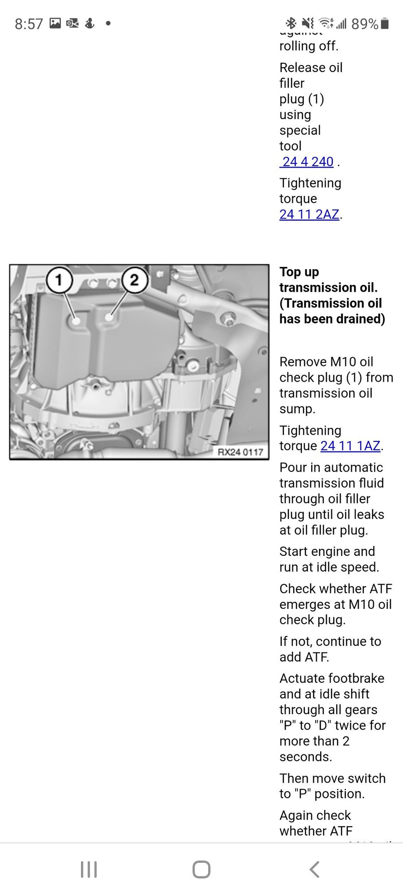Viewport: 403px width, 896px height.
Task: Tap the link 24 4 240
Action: point(307,162)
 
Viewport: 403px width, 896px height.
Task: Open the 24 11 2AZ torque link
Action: point(309,214)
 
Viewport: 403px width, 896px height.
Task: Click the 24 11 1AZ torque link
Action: point(351,446)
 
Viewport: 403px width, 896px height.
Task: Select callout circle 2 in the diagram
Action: point(134,280)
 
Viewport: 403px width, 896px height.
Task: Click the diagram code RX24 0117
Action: point(240,452)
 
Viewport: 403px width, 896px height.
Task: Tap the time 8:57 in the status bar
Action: point(29,24)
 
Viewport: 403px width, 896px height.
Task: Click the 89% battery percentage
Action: point(364,24)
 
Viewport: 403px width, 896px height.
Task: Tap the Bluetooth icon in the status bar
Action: point(291,23)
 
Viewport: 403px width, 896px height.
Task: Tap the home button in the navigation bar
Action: point(201,870)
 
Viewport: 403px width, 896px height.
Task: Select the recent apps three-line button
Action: point(89,870)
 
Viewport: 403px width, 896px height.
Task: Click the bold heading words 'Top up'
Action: point(299,272)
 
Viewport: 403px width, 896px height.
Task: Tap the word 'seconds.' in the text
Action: point(306,756)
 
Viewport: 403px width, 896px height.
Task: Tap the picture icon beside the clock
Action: point(55,23)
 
